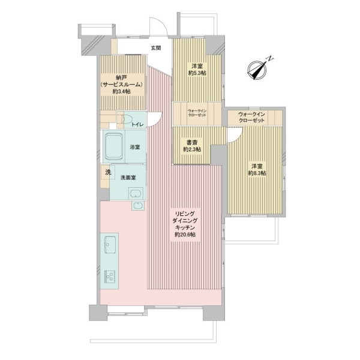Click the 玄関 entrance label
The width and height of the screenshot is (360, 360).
155,48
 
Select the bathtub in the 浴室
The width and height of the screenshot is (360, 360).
113,146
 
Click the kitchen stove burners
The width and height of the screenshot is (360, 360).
110,276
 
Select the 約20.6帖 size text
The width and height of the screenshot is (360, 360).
185,235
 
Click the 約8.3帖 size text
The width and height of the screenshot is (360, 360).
257,173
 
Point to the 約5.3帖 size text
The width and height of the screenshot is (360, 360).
197,73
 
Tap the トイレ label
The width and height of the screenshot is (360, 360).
137,125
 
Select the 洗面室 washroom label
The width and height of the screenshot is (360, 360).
128,178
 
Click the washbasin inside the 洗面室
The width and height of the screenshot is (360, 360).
136,193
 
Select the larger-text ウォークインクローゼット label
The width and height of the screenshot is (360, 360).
251,118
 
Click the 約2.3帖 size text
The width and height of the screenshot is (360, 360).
192,149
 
